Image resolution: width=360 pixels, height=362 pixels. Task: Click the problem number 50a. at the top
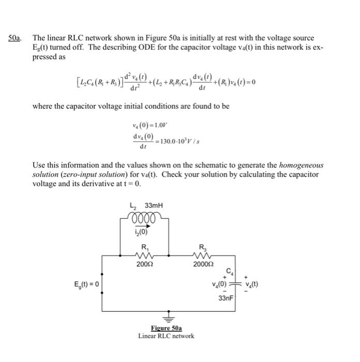(16, 38)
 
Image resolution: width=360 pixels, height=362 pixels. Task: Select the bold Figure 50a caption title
(166, 328)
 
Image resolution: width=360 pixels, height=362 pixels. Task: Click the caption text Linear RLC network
(166, 336)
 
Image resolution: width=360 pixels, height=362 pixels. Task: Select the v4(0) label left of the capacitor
(220, 284)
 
